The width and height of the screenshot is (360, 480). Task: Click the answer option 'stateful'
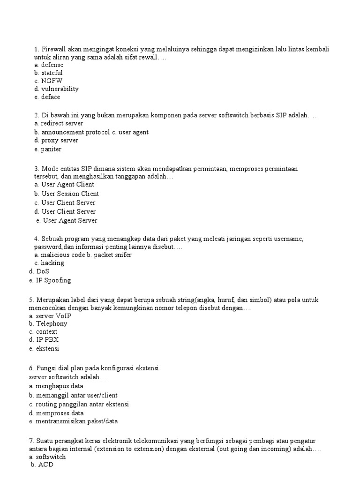click(52, 73)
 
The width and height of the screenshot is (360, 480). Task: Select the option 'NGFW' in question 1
click(52, 81)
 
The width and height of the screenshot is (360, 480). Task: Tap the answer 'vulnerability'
click(60, 89)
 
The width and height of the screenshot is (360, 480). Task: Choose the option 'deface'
click(51, 97)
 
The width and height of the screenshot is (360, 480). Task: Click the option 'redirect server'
click(62, 123)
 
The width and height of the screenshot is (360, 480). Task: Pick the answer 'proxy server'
click(60, 140)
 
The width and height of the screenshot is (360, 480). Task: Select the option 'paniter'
click(51, 150)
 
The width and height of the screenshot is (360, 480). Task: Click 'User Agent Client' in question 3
click(67, 184)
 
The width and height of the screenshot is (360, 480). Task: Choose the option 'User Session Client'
click(70, 194)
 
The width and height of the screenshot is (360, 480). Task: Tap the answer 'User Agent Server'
click(70, 220)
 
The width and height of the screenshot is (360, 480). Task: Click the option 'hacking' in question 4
click(52, 263)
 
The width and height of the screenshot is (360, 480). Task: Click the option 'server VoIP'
click(53, 315)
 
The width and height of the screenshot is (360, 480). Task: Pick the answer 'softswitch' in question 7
click(51, 457)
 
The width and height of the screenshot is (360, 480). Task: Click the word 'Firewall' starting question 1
click(54, 50)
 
